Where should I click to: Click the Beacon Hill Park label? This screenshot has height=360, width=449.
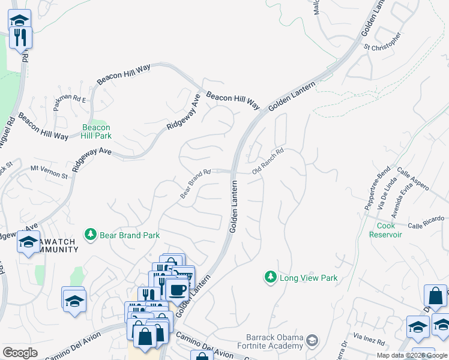pyautogui.click(x=96, y=131)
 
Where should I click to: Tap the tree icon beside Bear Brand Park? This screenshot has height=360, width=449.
pyautogui.click(x=91, y=234)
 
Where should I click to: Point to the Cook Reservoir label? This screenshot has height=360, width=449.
pyautogui.click(x=389, y=230)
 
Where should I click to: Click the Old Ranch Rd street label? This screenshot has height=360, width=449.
pyautogui.click(x=267, y=162)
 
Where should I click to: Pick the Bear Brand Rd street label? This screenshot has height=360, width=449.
pyautogui.click(x=196, y=184)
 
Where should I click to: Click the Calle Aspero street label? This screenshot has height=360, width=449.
pyautogui.click(x=413, y=179)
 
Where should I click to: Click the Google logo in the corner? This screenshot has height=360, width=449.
pyautogui.click(x=20, y=353)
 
